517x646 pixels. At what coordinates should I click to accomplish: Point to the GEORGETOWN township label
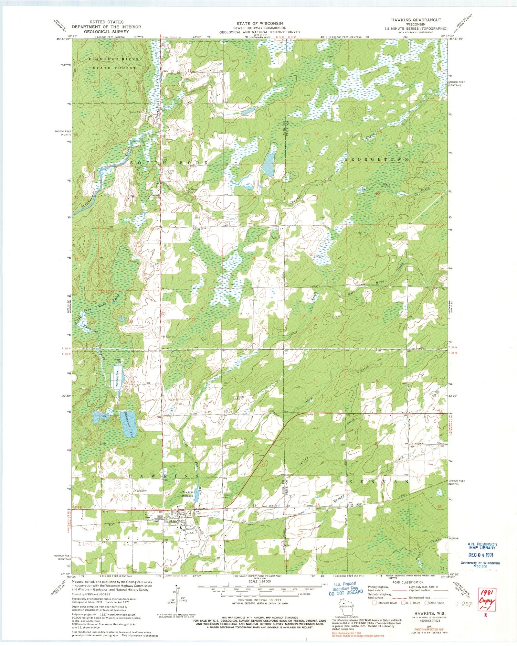[376, 159]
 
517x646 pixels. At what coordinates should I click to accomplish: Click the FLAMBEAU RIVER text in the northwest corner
[115, 59]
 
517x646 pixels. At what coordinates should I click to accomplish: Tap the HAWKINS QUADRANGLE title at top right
[416, 20]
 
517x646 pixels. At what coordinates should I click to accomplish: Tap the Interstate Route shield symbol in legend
[375, 603]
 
